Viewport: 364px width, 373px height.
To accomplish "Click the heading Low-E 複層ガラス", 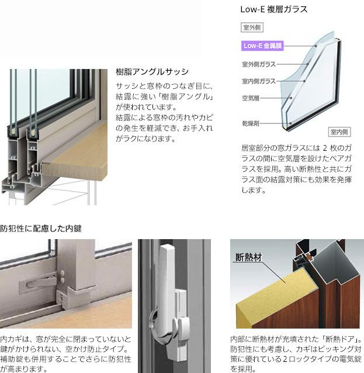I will click(273, 9).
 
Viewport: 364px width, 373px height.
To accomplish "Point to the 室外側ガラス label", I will click(258, 64).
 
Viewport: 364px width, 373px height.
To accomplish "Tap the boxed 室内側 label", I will click(339, 132).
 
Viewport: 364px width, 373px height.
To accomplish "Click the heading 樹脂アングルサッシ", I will click(152, 72).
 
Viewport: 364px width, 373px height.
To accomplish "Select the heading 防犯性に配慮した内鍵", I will click(40, 229).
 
